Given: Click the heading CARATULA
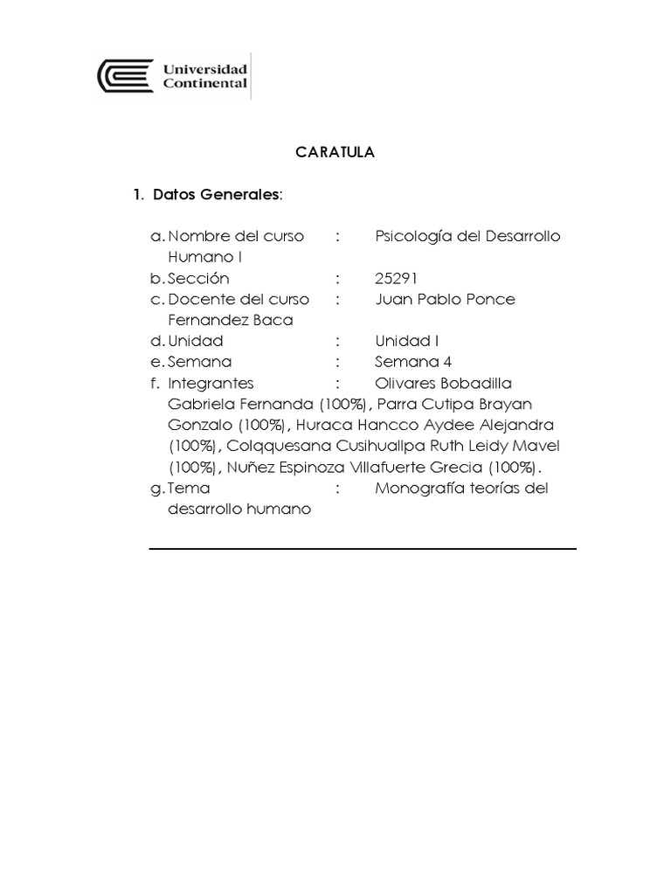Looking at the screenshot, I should (335, 152).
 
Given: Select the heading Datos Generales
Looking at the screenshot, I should (217, 194).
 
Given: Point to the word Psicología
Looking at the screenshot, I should (412, 237).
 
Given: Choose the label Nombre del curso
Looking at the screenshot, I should (236, 237).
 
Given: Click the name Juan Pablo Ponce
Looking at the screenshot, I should (445, 300).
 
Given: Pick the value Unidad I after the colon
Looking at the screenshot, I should (406, 341).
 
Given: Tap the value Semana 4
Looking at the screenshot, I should (413, 362).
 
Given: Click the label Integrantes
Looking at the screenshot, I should (211, 383).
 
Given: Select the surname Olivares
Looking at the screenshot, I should (406, 383).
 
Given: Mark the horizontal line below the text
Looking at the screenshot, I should (363, 549).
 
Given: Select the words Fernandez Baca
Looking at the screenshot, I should (230, 321).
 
